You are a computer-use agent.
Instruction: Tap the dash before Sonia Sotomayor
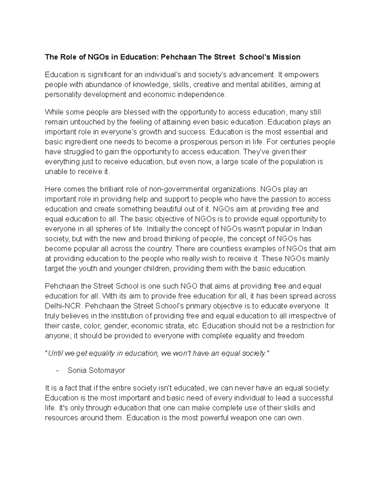57,370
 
